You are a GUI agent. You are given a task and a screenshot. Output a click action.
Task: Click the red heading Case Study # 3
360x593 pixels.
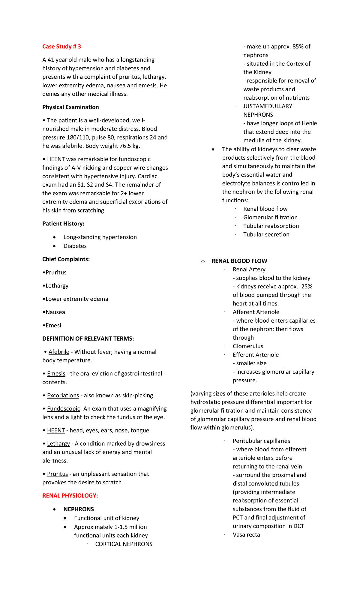(x=61, y=47)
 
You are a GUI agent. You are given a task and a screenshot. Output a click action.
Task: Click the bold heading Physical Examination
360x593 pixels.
(x=70, y=107)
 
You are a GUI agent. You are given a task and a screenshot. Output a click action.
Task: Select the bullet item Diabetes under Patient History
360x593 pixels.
(x=75, y=246)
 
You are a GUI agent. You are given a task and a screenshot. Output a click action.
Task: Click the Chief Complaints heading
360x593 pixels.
(x=66, y=259)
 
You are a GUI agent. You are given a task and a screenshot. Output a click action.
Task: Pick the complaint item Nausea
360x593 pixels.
(x=55, y=312)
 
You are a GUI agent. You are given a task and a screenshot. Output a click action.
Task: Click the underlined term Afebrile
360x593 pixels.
(x=59, y=352)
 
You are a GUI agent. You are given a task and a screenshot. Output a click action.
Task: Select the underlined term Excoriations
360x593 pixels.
(x=63, y=396)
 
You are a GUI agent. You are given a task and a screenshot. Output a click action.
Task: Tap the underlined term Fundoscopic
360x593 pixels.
(x=64, y=409)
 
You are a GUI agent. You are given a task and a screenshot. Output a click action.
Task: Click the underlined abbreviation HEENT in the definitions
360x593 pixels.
(x=56, y=430)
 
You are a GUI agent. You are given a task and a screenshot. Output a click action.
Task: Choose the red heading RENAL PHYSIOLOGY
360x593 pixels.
(x=70, y=495)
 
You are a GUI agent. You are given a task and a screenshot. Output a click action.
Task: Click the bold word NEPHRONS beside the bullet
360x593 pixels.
(x=79, y=509)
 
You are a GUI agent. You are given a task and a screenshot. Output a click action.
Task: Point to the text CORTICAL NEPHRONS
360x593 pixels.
(x=124, y=544)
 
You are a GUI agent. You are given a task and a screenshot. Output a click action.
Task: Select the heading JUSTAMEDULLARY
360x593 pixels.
(x=268, y=106)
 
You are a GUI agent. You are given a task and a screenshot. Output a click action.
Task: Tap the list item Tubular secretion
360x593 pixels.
(x=266, y=234)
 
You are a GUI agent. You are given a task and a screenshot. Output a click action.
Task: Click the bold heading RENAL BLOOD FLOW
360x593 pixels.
(x=239, y=261)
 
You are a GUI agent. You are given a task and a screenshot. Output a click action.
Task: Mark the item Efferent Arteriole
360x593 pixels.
(x=256, y=355)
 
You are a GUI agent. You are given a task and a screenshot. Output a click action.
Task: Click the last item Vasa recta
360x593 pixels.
(x=246, y=534)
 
